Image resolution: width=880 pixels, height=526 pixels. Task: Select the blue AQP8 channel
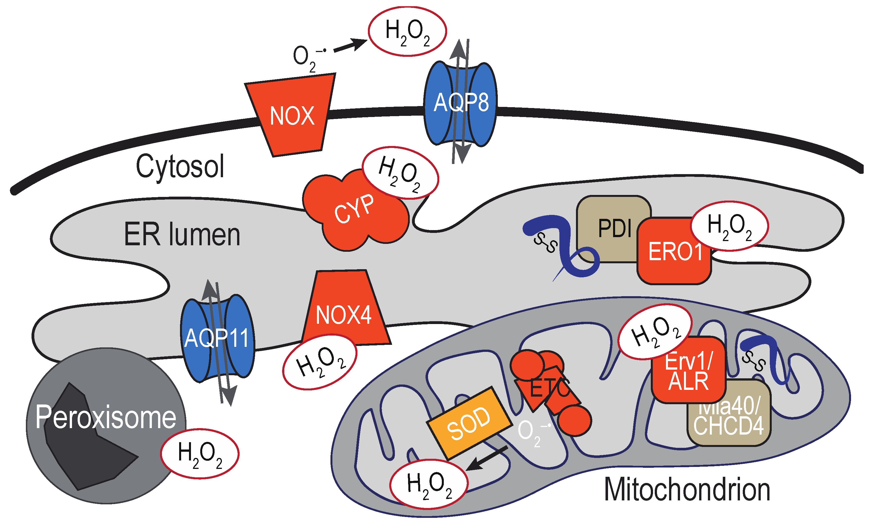(461, 103)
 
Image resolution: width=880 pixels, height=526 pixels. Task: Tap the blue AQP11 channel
(217, 338)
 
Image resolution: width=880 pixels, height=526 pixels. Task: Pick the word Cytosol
(180, 167)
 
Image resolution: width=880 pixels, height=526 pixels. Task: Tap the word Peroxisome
(106, 417)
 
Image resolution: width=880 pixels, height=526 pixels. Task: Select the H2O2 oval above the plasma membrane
(407, 31)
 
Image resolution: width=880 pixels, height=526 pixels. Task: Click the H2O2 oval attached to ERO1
(729, 226)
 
